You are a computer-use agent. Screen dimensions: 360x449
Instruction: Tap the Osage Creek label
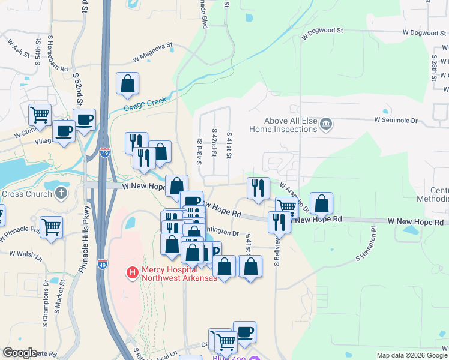point(145,104)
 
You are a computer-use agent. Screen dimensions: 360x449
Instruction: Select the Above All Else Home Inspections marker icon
point(327,125)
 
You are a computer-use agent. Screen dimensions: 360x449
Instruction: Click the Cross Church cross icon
point(60,193)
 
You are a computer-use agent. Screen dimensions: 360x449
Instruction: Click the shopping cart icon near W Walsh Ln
point(52,227)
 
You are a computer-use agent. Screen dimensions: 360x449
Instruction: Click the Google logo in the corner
point(20,353)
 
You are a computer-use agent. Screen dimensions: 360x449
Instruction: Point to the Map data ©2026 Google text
point(411,355)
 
